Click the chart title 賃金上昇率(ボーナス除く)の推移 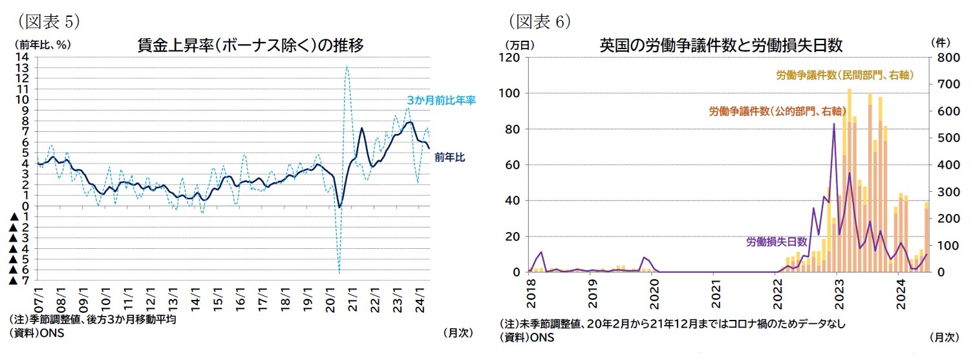pos(250,46)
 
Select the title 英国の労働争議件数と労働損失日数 pos(721,45)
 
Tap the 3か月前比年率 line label pos(441,101)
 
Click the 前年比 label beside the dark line pos(451,157)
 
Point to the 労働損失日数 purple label pos(776,242)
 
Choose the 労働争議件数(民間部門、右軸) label pos(844,76)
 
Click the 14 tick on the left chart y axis pos(24,57)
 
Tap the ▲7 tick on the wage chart pos(19,281)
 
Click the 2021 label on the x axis pos(713,293)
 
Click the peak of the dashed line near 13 pos(347,67)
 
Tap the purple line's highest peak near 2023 pos(834,123)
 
